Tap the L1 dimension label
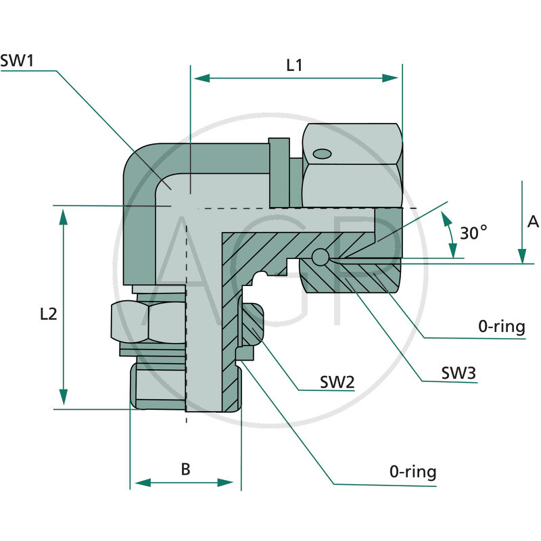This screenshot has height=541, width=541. coord(294,66)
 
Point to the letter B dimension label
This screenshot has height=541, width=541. coord(185,468)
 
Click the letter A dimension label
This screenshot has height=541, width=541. coord(532,222)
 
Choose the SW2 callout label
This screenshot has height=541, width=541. coord(337,381)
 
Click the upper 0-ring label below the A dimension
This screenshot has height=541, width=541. coord(501,327)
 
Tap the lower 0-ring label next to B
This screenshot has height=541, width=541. coord(413,471)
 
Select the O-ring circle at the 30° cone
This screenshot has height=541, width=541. coord(321,258)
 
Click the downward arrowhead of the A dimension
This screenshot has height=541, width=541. coord(522,256)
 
